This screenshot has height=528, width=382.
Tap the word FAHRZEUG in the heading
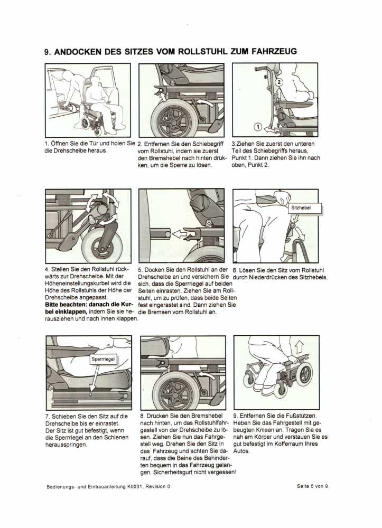click(269, 52)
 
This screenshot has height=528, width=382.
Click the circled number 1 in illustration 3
click(257, 127)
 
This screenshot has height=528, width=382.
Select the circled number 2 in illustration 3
click(281, 82)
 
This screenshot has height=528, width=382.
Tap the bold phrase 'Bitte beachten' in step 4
click(64, 305)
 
